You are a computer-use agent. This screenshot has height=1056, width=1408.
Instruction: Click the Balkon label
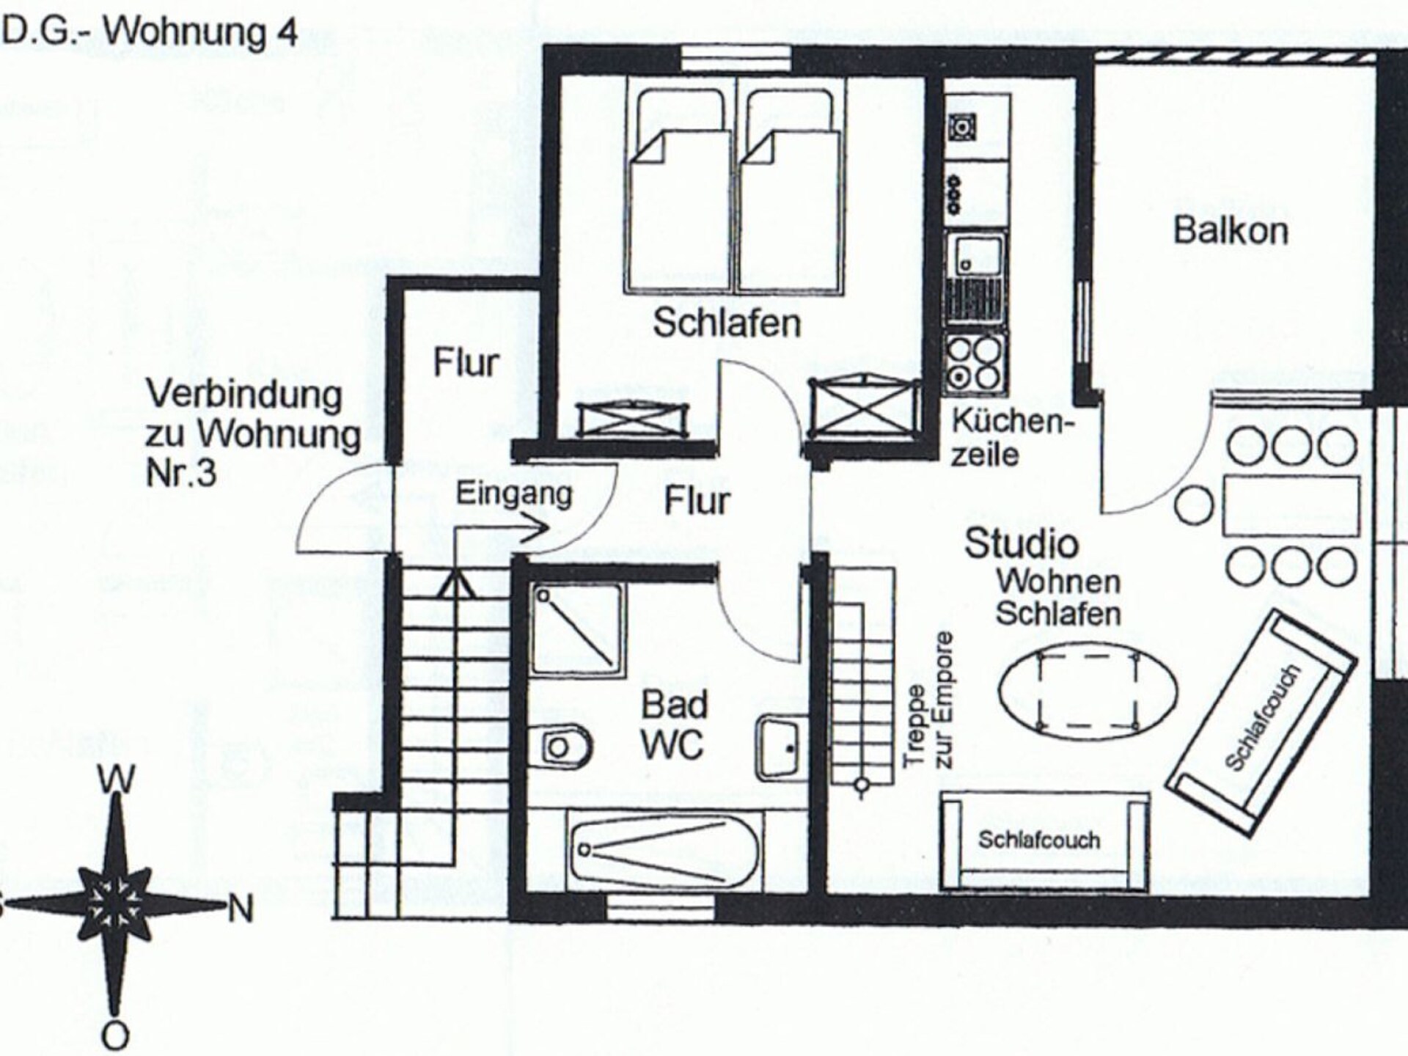(x=1231, y=230)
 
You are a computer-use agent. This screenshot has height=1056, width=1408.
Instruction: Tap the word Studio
(x=1021, y=543)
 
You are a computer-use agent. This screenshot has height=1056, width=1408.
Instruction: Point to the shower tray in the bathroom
(x=576, y=629)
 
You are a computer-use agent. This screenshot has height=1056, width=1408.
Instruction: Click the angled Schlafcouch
(x=1266, y=723)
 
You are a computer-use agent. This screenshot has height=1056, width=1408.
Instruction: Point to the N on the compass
(x=241, y=910)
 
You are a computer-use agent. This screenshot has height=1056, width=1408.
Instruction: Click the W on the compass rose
(x=118, y=780)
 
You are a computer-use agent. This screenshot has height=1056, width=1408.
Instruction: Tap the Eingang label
(x=514, y=494)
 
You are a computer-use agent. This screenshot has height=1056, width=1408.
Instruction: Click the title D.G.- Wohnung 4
(x=150, y=32)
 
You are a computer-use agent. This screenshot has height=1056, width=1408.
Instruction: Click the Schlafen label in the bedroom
(x=727, y=323)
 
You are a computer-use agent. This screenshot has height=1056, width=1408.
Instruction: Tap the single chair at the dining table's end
(x=1194, y=505)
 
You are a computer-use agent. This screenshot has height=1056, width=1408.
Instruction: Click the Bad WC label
(x=674, y=725)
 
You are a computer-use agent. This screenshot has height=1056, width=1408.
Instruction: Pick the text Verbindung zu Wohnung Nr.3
(x=253, y=434)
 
